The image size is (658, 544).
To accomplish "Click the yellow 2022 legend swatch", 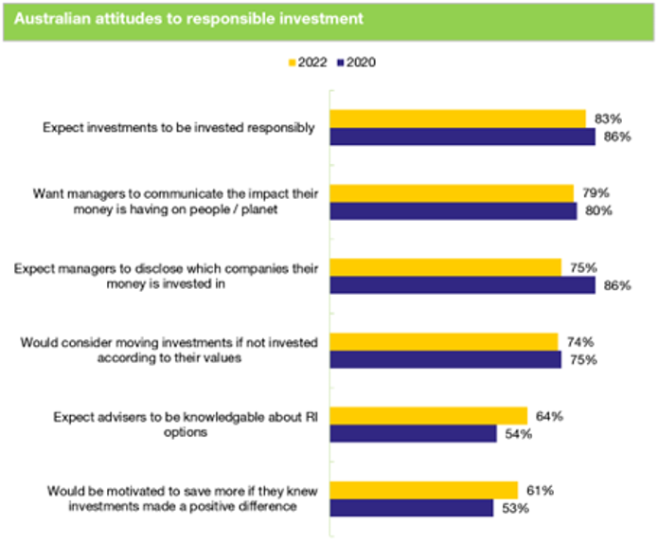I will [291, 63].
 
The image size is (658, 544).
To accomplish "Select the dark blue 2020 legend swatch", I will [341, 63].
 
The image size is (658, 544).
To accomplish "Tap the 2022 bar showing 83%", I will [457, 118].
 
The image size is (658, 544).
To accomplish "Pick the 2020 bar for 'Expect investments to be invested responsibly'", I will [462, 137].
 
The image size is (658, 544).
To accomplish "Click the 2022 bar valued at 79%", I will [451, 192].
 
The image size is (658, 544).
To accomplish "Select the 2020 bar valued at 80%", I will [453, 210].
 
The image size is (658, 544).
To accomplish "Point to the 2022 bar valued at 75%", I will [445, 266].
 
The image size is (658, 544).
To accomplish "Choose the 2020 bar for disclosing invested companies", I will [462, 284].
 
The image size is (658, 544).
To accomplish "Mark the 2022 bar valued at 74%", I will [443, 341].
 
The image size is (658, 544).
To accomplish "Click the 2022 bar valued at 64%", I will [428, 415].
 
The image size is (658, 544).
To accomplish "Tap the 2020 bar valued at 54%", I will [413, 433].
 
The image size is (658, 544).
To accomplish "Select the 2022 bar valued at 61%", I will [423, 489].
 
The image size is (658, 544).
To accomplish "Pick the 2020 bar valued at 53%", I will [411, 507].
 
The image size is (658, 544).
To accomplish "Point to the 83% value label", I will [607, 118].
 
